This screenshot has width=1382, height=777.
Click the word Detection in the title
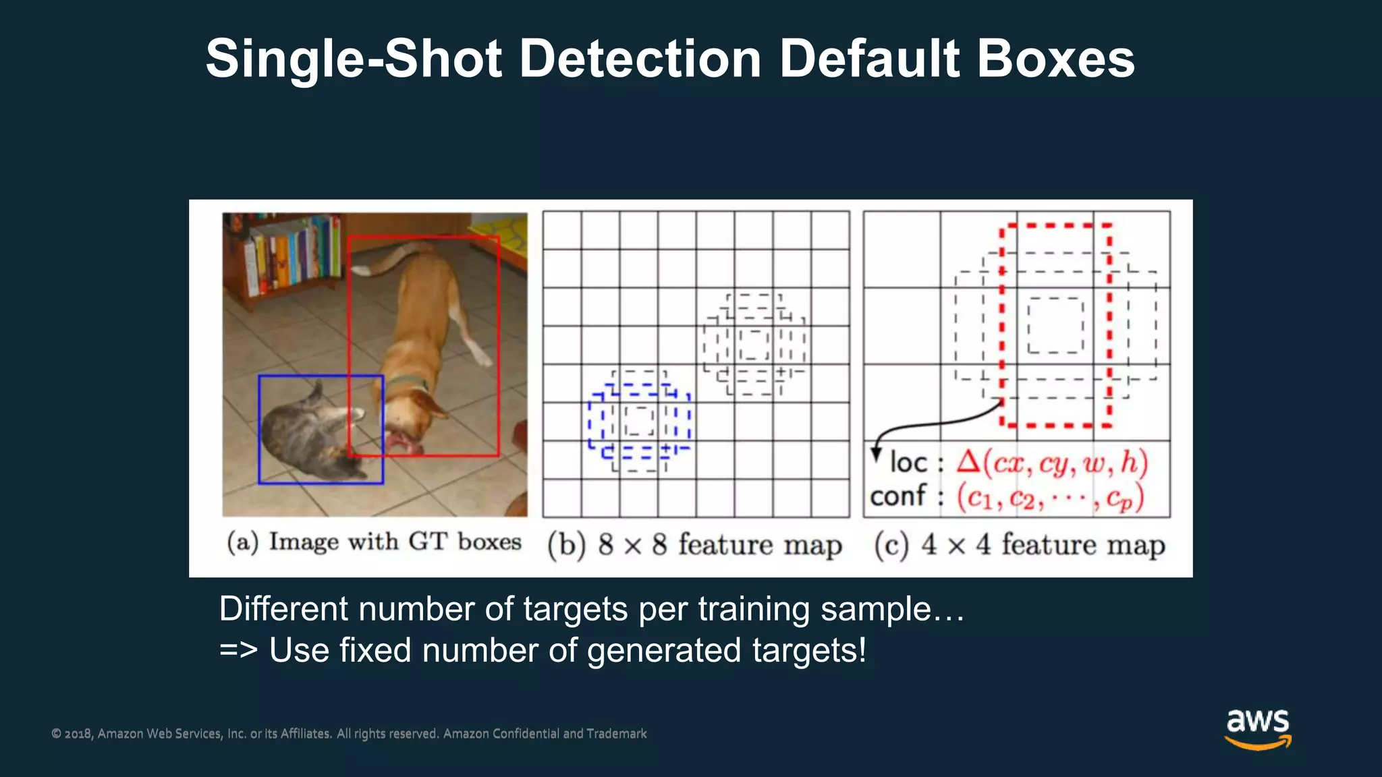(x=640, y=59)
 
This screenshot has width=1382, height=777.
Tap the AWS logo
(x=1257, y=728)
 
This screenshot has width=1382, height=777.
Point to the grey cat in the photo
(x=304, y=432)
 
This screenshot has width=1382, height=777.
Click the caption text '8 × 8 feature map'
(x=720, y=545)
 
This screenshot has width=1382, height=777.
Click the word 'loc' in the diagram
(x=908, y=463)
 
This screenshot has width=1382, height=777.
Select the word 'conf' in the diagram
(x=897, y=496)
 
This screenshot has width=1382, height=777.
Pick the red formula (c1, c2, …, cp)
(x=1050, y=498)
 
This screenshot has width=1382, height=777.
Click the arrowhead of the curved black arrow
(x=877, y=455)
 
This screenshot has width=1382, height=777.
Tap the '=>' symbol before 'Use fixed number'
(x=238, y=651)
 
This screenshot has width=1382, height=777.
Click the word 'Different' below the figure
(x=283, y=609)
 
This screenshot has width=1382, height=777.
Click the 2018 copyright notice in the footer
(x=349, y=734)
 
